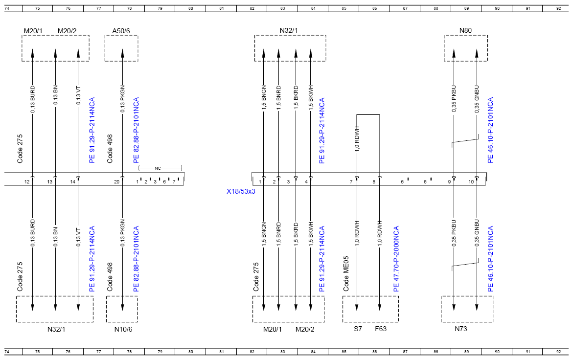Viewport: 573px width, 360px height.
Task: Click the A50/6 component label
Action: pos(121,31)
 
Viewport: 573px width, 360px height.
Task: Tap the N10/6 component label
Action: pos(123,329)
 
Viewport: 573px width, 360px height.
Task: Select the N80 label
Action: pos(465,31)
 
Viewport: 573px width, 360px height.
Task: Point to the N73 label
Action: pos(461,329)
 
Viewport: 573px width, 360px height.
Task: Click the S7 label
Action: pos(358,329)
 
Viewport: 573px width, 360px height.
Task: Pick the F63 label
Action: pos(381,329)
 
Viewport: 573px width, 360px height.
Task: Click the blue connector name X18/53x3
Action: pos(241,191)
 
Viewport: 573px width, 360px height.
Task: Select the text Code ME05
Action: pos(346,273)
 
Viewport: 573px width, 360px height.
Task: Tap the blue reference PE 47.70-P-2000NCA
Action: pos(396,259)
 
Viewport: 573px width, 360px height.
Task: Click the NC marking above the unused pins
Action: pos(158,168)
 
